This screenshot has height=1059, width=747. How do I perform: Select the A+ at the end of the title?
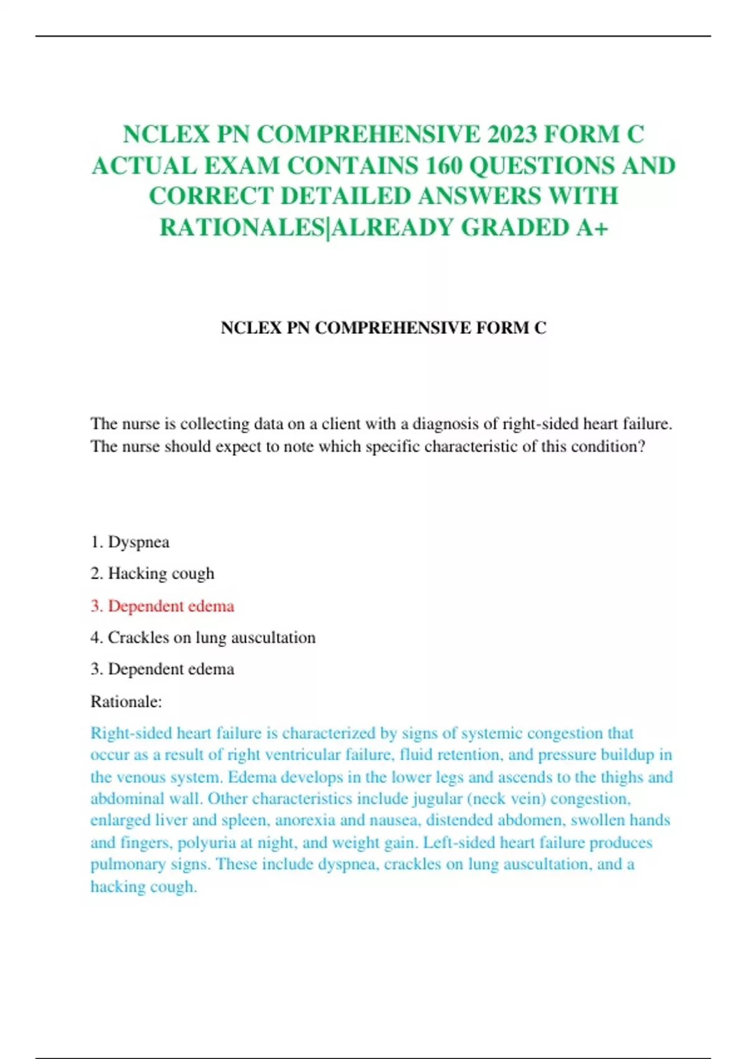coord(591,228)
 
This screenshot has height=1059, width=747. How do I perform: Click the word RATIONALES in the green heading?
coord(243,228)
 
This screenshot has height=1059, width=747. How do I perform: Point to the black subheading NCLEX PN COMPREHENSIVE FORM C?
coord(383,328)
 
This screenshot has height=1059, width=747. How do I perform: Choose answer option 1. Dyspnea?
coord(130,542)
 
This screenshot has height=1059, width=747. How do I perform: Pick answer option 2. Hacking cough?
coord(153,573)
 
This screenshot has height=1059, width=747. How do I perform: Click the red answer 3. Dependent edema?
coord(162,606)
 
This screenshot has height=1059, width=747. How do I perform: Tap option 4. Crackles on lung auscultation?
coord(203,638)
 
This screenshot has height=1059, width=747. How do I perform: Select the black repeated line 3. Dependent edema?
coord(162,669)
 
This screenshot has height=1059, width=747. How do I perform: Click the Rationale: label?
coord(126,702)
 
